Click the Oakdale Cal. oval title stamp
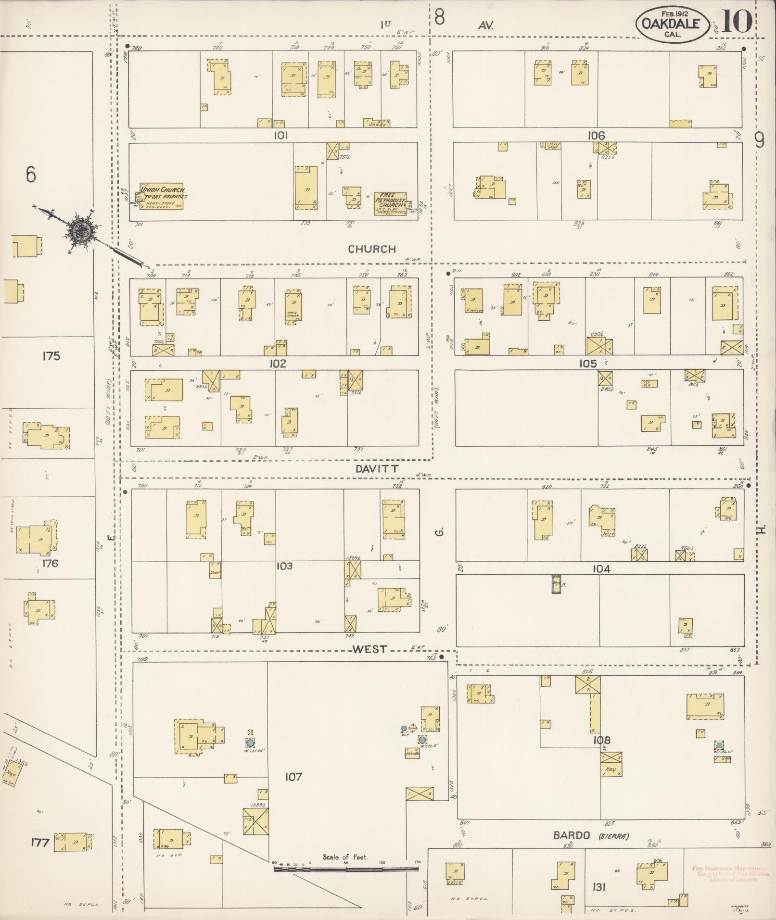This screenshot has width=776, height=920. (672, 24)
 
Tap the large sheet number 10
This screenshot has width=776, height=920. (737, 21)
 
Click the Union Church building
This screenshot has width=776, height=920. (162, 196)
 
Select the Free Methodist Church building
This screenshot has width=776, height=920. (391, 204)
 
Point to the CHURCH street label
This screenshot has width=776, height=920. (372, 249)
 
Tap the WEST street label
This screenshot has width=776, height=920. (369, 649)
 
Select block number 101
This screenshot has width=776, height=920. (280, 136)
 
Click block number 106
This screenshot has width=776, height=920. (596, 136)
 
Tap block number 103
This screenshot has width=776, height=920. (284, 566)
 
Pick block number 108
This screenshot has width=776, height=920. (601, 740)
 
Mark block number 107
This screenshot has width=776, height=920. (293, 776)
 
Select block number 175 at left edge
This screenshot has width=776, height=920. (51, 356)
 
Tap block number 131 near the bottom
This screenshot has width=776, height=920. (599, 887)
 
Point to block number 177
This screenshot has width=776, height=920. (39, 842)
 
